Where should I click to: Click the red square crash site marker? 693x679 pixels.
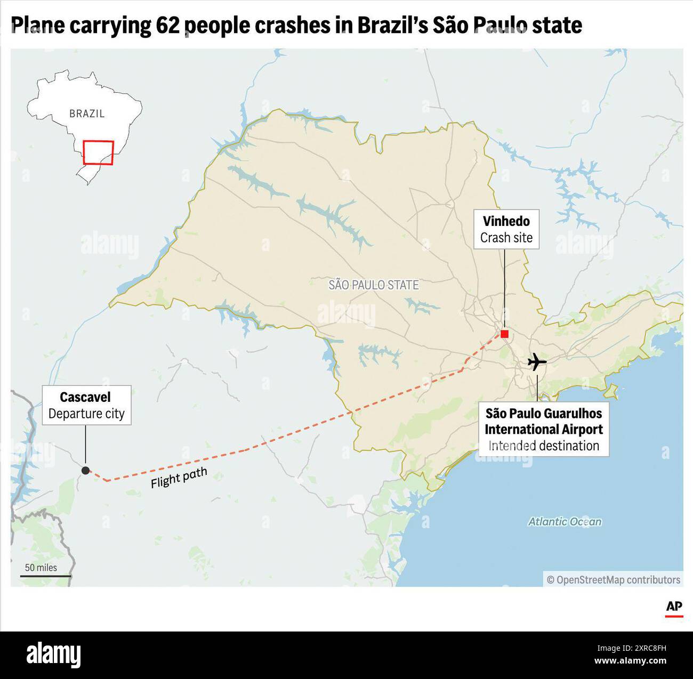pyautogui.click(x=504, y=334)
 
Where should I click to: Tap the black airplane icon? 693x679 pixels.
pyautogui.click(x=537, y=362)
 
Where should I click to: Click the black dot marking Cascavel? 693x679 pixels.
pyautogui.click(x=85, y=470)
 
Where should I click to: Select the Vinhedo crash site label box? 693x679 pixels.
pyautogui.click(x=506, y=230)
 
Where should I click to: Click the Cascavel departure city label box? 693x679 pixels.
pyautogui.click(x=86, y=405)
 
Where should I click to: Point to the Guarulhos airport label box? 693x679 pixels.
pyautogui.click(x=543, y=430)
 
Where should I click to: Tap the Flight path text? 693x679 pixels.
pyautogui.click(x=179, y=478)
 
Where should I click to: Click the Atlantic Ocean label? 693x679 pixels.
pyautogui.click(x=565, y=522)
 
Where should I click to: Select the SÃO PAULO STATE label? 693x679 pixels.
pyautogui.click(x=373, y=285)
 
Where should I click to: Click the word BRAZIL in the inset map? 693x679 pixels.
pyautogui.click(x=87, y=114)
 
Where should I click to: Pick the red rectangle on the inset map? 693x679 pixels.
pyautogui.click(x=98, y=152)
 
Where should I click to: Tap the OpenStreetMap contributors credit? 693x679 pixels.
pyautogui.click(x=613, y=579)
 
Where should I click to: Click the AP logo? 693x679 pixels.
pyautogui.click(x=674, y=608)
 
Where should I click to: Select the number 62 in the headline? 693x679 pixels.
pyautogui.click(x=167, y=26)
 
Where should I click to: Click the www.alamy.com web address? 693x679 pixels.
pyautogui.click(x=630, y=661)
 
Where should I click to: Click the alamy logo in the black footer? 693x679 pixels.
pyautogui.click(x=53, y=654)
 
